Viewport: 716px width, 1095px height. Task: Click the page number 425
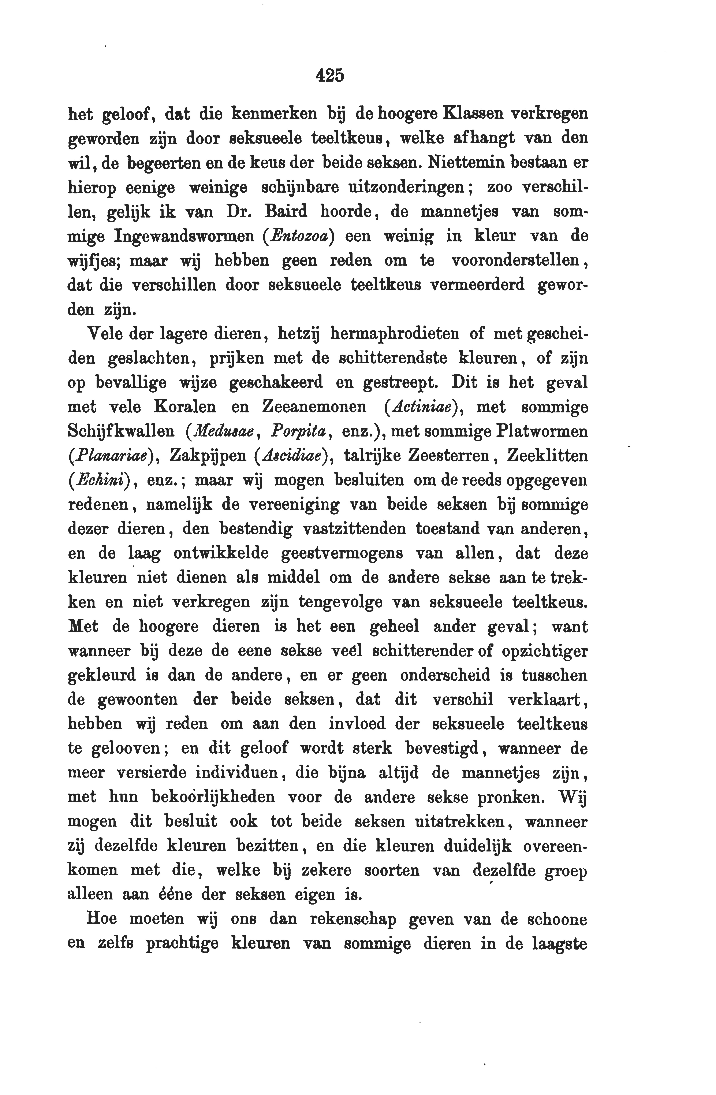click(x=330, y=75)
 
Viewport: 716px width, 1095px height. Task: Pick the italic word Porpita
click(x=299, y=432)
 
